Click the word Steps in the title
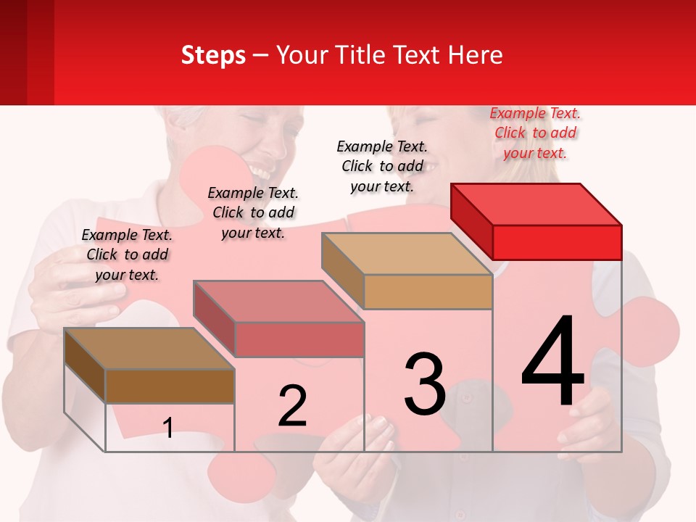click(213, 55)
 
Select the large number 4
click(553, 362)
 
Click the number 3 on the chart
click(425, 384)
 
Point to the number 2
click(292, 406)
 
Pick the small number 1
click(168, 428)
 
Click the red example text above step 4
click(535, 133)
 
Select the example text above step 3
click(382, 166)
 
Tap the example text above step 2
click(253, 212)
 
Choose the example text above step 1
click(127, 254)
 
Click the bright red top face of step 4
click(536, 204)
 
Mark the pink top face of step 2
click(278, 301)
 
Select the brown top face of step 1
click(149, 349)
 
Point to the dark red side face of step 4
click(471, 221)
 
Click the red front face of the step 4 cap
click(557, 242)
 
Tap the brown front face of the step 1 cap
click(170, 386)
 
